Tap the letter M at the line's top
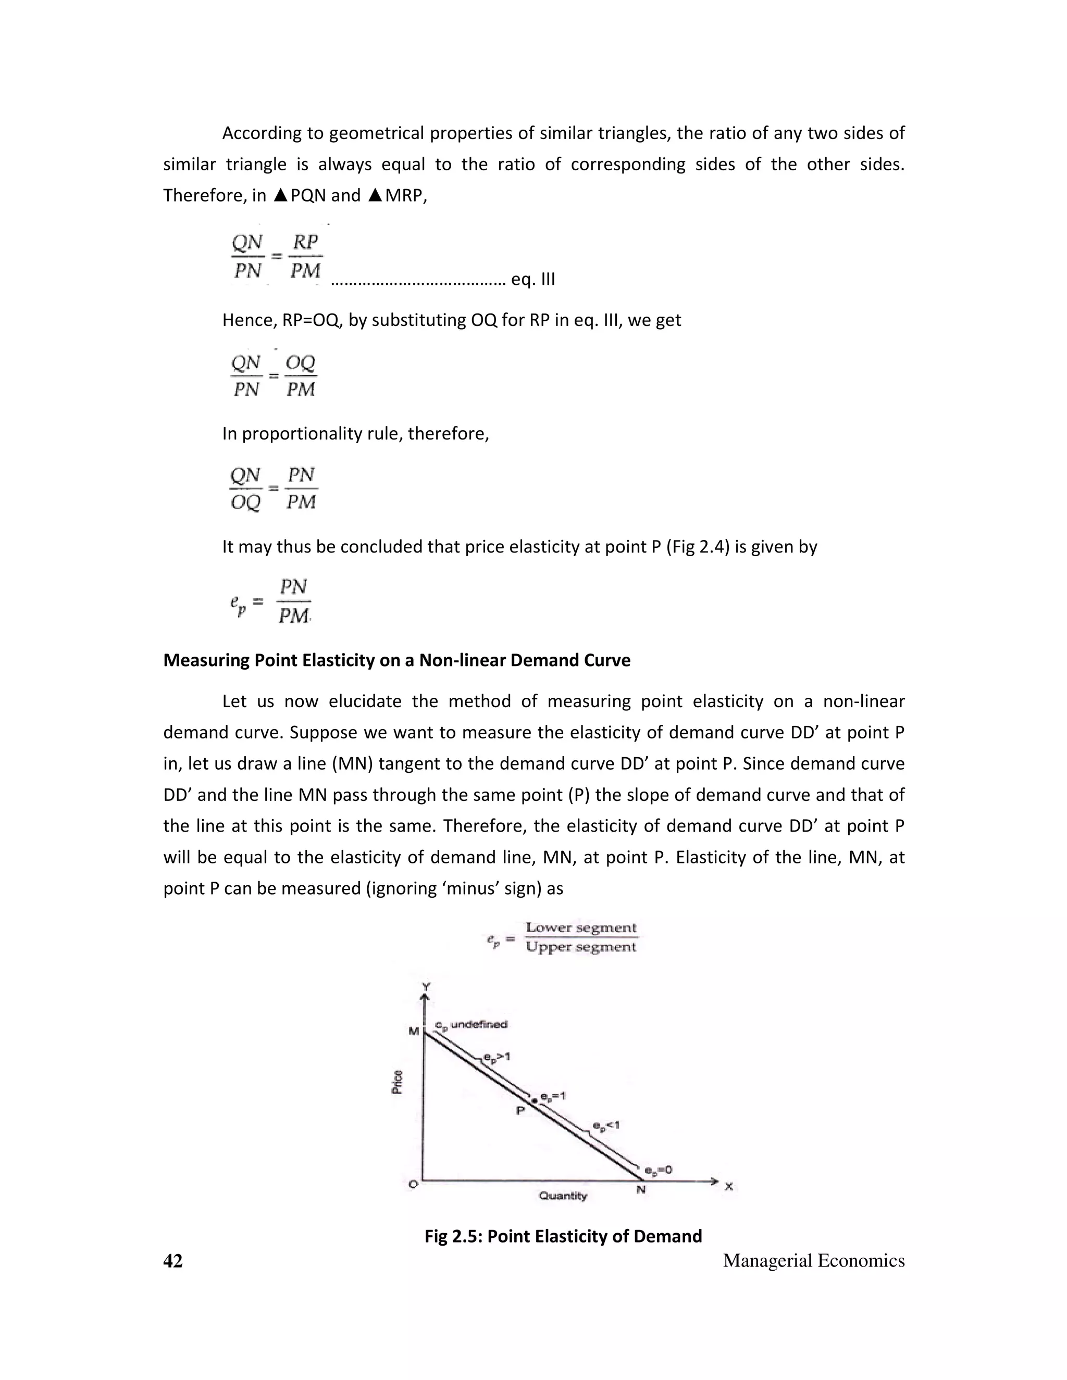click(x=413, y=1031)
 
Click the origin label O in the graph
click(x=413, y=1184)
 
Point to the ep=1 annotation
click(x=553, y=1096)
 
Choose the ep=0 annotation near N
click(x=658, y=1170)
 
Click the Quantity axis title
click(x=563, y=1196)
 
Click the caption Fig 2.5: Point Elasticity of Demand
click(x=563, y=1235)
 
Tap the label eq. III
click(x=533, y=279)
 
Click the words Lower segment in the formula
click(x=581, y=927)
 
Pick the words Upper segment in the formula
click(x=581, y=947)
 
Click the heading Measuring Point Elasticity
click(x=396, y=660)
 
